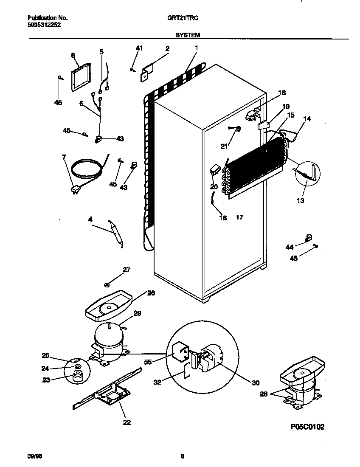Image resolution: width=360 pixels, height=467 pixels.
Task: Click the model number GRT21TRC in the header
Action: pyautogui.click(x=180, y=18)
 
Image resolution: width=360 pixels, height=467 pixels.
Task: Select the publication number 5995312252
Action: pyautogui.click(x=41, y=25)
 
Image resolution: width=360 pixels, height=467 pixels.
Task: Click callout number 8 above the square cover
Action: pyautogui.click(x=73, y=55)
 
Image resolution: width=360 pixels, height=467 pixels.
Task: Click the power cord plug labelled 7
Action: pyautogui.click(x=75, y=190)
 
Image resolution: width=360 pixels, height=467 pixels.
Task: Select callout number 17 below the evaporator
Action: pyautogui.click(x=239, y=217)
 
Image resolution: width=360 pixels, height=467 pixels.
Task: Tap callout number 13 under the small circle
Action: pyautogui.click(x=301, y=201)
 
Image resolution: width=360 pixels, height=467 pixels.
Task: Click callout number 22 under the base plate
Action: pyautogui.click(x=127, y=422)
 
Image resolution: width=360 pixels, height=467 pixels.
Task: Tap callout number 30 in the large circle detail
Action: pyautogui.click(x=255, y=382)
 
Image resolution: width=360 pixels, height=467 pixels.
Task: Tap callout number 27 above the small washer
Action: pyautogui.click(x=126, y=270)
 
